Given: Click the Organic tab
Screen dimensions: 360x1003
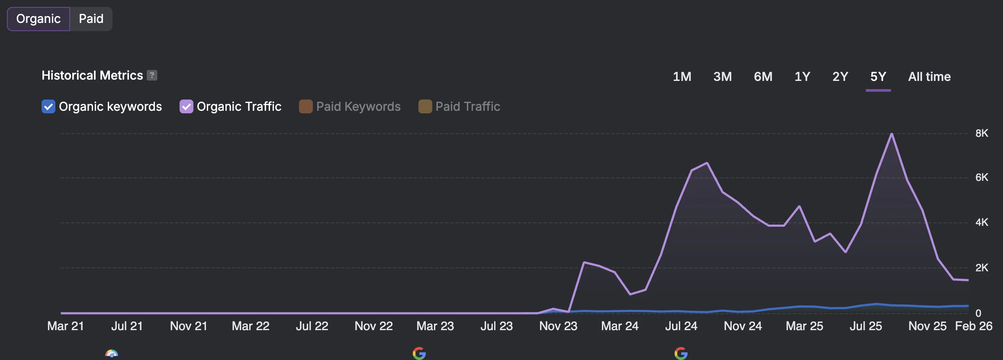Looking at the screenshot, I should [39, 19].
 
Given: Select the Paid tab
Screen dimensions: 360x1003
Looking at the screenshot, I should [91, 19].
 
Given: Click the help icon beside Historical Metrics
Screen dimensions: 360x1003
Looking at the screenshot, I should [152, 75].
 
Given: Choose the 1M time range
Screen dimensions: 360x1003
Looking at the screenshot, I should [682, 77].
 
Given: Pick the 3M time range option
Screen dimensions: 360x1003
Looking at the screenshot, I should [723, 77].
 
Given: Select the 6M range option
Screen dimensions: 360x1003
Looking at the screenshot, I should [763, 77].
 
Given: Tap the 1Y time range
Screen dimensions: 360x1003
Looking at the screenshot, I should [802, 77].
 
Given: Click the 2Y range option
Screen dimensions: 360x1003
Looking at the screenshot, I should [840, 77].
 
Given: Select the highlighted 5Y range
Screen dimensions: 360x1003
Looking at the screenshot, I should [878, 77].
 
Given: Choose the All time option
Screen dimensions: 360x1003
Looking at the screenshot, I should [929, 77].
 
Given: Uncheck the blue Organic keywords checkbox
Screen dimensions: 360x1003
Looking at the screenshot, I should [48, 106].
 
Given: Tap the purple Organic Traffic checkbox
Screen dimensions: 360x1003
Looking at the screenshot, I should [186, 106].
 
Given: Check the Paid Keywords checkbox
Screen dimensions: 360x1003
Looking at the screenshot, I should [305, 106].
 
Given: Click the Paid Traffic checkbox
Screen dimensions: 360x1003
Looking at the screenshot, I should [425, 106].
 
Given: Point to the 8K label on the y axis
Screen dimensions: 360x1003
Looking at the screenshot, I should [982, 133].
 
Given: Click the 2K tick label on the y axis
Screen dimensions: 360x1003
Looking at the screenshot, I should [982, 268].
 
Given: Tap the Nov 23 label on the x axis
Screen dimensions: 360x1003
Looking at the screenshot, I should [558, 326].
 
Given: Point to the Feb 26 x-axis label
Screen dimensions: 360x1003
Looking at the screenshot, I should [974, 326].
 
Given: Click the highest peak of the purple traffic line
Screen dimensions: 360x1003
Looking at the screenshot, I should [892, 134].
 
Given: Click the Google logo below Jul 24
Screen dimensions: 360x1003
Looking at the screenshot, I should [681, 354].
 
